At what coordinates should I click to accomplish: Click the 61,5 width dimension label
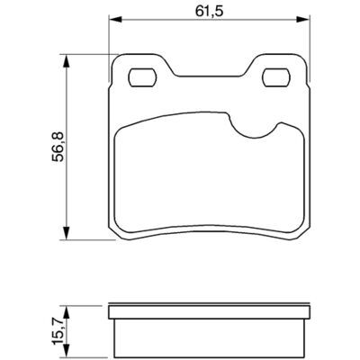click(209, 12)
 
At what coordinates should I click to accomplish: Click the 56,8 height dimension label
click(58, 147)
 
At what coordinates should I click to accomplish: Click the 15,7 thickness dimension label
click(58, 331)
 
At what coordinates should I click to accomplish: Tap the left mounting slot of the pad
click(142, 77)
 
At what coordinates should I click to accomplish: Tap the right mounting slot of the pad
click(276, 77)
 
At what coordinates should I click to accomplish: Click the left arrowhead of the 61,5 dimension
click(116, 20)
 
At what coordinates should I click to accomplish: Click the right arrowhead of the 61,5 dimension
click(301, 20)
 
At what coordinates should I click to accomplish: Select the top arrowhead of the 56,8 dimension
click(67, 61)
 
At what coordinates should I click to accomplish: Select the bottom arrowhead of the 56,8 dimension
click(67, 233)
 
